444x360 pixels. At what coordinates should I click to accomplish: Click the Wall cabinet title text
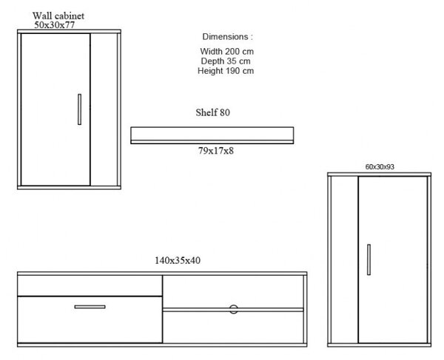point(58,16)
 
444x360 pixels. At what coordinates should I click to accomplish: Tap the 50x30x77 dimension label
point(55,25)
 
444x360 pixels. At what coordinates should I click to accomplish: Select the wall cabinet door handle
point(80,109)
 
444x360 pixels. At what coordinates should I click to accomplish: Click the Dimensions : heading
point(227,37)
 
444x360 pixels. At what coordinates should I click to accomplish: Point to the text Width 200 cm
point(227,52)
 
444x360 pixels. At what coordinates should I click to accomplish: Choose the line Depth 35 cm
point(226,61)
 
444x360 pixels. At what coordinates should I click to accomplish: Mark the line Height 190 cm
point(226,71)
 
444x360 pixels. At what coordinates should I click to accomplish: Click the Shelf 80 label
point(212,112)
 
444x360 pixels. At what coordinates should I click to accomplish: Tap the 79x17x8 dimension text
point(216,151)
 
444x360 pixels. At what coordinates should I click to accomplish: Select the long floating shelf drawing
point(212,135)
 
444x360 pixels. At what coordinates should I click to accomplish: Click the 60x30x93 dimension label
point(380,167)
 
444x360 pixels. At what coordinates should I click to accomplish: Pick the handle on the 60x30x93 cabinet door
point(369,259)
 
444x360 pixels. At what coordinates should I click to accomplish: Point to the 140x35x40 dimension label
point(178,260)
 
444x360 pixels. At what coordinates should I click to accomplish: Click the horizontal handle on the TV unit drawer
point(90,307)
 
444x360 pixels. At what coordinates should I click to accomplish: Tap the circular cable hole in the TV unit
point(234,310)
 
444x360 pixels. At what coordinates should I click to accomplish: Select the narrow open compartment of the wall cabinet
point(104,109)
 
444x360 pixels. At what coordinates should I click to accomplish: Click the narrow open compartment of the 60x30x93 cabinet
point(344,259)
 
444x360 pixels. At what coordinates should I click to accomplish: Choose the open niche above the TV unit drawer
point(90,285)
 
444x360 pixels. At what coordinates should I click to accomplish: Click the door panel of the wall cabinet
point(55,109)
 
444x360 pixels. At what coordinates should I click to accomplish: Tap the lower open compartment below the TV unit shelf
point(233,327)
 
